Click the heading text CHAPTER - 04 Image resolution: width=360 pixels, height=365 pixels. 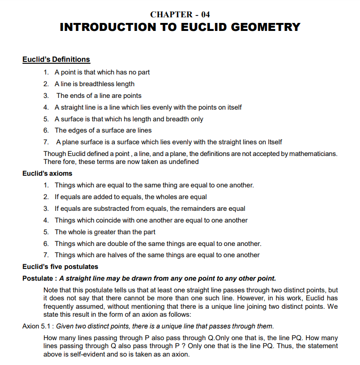pyautogui.click(x=180, y=15)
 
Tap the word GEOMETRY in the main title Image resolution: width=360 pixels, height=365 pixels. pyautogui.click(x=262, y=27)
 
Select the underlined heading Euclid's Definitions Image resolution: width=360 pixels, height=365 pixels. pyautogui.click(x=56, y=60)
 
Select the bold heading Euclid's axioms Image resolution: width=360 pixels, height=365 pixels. pyautogui.click(x=47, y=173)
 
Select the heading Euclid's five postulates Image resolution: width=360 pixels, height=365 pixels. pyautogui.click(x=60, y=267)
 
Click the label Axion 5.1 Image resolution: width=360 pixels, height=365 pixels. pyautogui.click(x=37, y=326)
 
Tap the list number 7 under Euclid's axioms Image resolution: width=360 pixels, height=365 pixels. pyautogui.click(x=46, y=255)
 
